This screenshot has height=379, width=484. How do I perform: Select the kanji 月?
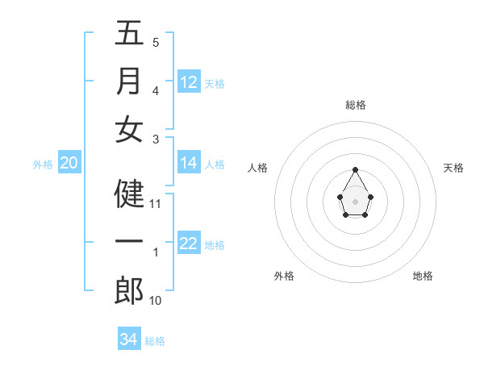tap(129, 81)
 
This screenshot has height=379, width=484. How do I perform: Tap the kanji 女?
tap(129, 130)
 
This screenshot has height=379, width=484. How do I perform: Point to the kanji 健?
tap(129, 194)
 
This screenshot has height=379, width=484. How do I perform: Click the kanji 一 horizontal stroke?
tap(129, 242)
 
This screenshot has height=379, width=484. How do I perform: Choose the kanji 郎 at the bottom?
tap(129, 290)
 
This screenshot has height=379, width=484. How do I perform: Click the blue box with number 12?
tap(189, 82)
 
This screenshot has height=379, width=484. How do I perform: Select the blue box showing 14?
tap(189, 163)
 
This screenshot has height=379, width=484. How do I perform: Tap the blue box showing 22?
tap(189, 244)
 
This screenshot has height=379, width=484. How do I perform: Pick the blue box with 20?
tap(69, 163)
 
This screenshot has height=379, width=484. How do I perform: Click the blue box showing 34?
tap(128, 339)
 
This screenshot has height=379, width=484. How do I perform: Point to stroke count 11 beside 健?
tap(156, 204)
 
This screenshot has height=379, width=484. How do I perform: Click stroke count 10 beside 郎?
tap(156, 301)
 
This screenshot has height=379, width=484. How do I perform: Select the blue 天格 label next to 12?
tap(215, 84)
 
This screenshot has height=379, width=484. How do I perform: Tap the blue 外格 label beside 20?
tap(43, 165)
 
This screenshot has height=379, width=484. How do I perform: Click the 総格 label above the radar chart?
tap(355, 105)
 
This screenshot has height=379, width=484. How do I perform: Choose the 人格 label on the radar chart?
tap(258, 168)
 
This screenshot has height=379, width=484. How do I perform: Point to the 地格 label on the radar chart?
tap(423, 276)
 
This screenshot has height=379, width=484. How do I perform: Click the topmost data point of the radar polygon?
tap(355, 169)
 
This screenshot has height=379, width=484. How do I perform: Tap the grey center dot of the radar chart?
tap(355, 201)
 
